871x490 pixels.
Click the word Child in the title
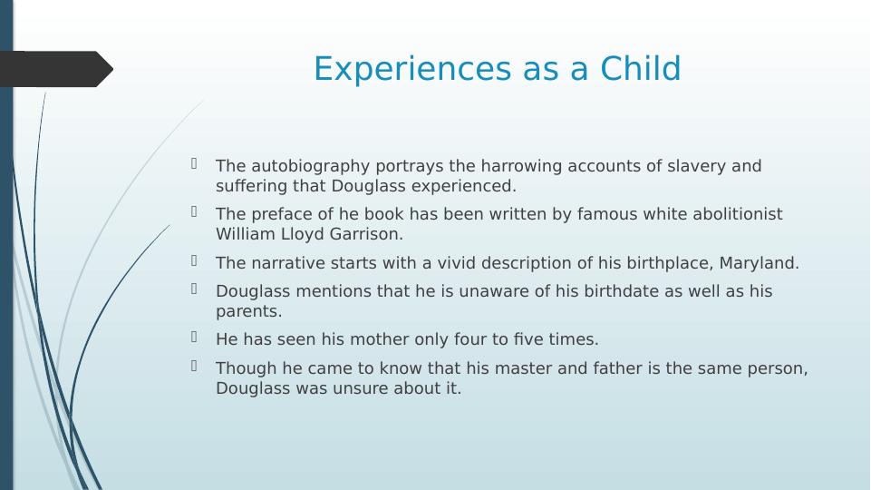pos(641,68)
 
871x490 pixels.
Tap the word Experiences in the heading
pos(412,70)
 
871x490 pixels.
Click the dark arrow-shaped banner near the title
pos(56,69)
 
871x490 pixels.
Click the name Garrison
pos(366,234)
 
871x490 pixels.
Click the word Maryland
pos(759,263)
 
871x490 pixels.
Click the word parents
pos(249,311)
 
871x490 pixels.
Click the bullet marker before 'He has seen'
pos(194,337)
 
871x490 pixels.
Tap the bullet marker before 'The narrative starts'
pos(194,260)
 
